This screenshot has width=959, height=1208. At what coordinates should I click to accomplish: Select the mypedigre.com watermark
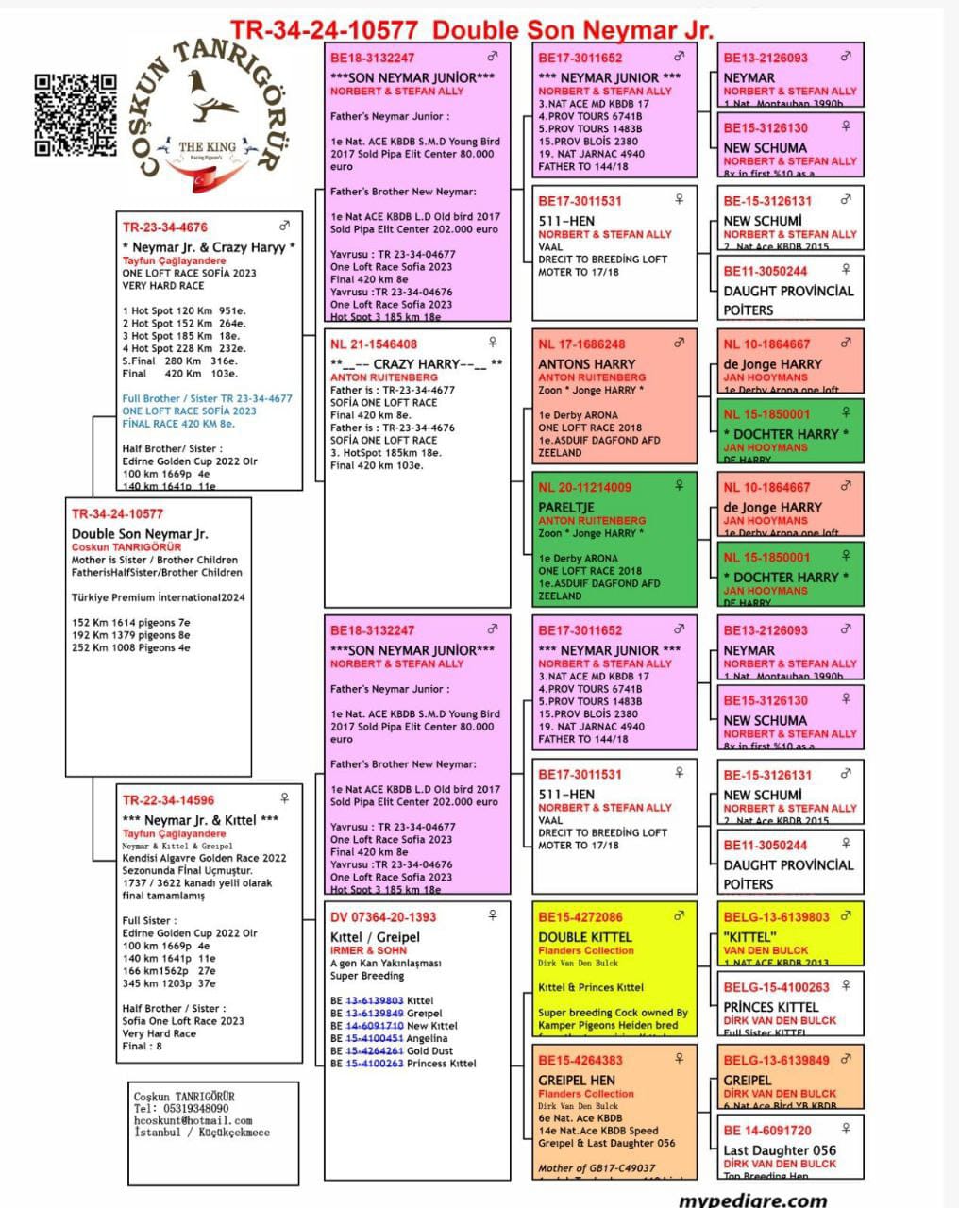pyautogui.click(x=752, y=1200)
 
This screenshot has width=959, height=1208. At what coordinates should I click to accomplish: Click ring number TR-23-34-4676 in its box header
pyautogui.click(x=165, y=227)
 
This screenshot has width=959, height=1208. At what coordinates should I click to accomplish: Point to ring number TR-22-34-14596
pyautogui.click(x=168, y=800)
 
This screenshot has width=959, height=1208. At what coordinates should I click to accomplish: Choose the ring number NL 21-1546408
pyautogui.click(x=374, y=344)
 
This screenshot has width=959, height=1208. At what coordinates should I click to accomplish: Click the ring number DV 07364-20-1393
pyautogui.click(x=383, y=917)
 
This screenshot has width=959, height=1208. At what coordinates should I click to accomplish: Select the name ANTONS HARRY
pyautogui.click(x=586, y=363)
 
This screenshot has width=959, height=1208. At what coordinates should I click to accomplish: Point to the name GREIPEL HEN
pyautogui.click(x=576, y=1080)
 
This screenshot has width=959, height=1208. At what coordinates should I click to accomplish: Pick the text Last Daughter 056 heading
pyautogui.click(x=779, y=1150)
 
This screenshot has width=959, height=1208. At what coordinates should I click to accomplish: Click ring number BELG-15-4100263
pyautogui.click(x=777, y=987)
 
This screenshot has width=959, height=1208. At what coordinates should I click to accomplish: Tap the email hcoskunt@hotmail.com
pyautogui.click(x=193, y=1120)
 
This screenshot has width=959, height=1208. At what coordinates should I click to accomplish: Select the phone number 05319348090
pyautogui.click(x=194, y=1108)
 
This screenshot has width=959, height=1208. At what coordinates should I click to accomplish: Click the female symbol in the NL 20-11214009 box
pyautogui.click(x=679, y=485)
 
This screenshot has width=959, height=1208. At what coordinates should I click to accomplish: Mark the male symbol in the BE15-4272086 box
pyautogui.click(x=679, y=915)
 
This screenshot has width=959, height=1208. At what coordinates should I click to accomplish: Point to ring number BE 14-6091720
pyautogui.click(x=767, y=1131)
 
